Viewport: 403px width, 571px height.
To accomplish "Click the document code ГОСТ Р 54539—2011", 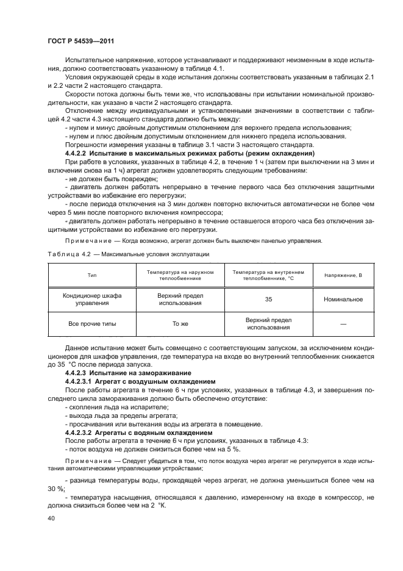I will point(81,40).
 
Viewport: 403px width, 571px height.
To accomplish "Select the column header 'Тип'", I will point(92,275).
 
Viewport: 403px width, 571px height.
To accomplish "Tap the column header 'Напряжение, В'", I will point(343,275).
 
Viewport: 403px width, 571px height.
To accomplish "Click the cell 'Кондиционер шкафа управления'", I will point(92,300).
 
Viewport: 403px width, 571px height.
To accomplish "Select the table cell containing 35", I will point(268,300).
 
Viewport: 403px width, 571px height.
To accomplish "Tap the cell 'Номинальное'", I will point(343,300).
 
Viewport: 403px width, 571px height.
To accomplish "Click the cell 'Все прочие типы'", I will point(92,324).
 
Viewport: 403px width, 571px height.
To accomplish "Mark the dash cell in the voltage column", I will point(343,324).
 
